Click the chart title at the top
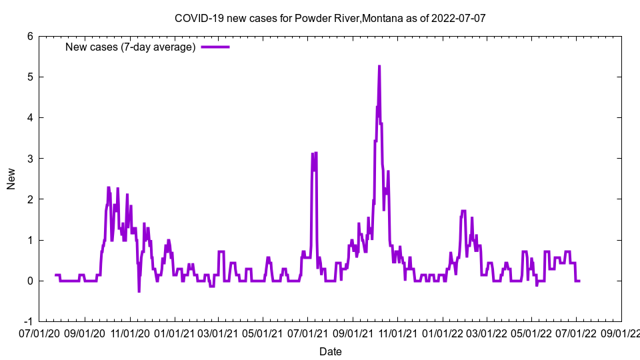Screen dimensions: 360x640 point(330,19)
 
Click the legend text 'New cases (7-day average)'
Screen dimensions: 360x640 point(130,47)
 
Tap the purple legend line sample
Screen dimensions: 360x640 point(215,47)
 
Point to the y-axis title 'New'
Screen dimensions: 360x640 point(11,179)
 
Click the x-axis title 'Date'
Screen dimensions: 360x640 point(330,351)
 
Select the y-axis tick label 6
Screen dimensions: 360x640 point(30,37)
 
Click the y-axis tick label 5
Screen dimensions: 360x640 point(30,77)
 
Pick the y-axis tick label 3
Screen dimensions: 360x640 point(30,159)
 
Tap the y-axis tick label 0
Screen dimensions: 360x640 point(30,281)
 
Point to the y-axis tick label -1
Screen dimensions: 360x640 point(28,321)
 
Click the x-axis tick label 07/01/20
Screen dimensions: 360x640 point(39,333)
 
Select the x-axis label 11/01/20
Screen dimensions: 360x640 point(129,333)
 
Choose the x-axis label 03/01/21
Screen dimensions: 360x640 point(218,333)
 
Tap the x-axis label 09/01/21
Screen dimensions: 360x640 point(353,333)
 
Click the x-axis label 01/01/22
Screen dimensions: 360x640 point(443,333)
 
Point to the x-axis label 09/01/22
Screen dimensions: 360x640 point(621,333)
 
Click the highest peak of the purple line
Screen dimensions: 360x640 point(379,66)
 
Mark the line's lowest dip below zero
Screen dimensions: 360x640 point(139,291)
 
